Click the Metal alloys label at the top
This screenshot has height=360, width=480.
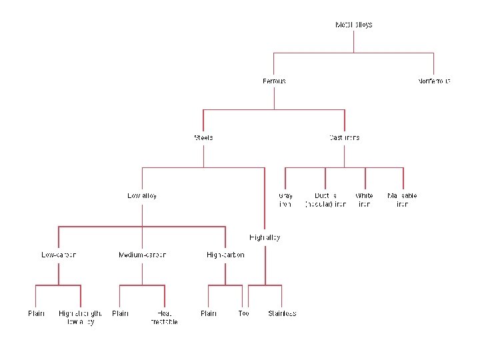[353, 25]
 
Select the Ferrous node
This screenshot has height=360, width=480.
[274, 81]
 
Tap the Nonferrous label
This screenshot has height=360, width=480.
[434, 81]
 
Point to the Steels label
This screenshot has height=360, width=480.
[203, 138]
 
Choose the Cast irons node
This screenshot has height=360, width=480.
[344, 138]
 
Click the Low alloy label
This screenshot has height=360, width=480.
[142, 196]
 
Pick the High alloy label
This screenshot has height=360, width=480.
[265, 237]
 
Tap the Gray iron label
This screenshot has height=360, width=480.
[285, 200]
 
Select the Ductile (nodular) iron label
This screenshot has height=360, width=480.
[325, 200]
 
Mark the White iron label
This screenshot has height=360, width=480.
[365, 200]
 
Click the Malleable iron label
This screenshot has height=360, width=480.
[402, 200]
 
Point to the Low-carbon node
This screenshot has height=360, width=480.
[59, 255]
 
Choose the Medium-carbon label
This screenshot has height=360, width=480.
[142, 255]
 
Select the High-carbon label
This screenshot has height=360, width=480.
[225, 255]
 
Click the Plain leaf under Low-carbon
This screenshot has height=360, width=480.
[36, 313]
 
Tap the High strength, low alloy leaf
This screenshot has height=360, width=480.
[80, 317]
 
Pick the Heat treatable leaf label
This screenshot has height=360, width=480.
[164, 317]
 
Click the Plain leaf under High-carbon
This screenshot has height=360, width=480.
[209, 313]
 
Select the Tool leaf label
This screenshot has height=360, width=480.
[243, 313]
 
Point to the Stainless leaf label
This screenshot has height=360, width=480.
[282, 313]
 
